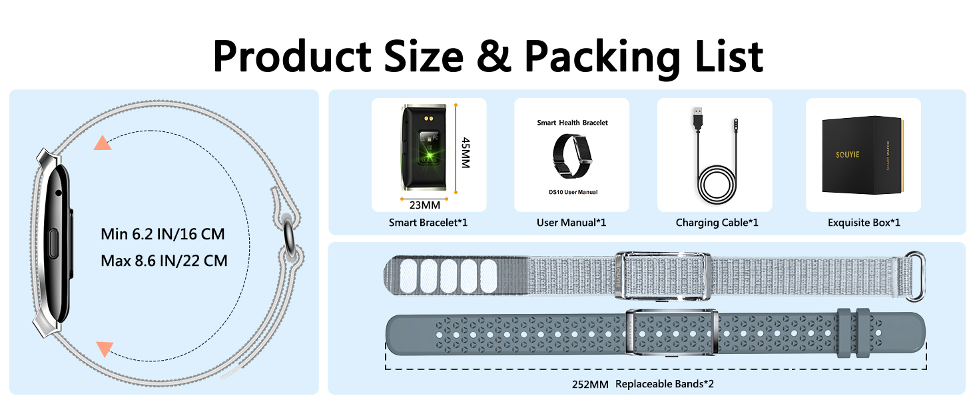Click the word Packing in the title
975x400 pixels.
[601, 57]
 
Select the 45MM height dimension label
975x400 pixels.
[466, 153]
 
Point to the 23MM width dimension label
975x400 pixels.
[424, 205]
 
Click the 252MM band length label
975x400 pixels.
[590, 384]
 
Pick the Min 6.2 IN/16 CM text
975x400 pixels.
[162, 234]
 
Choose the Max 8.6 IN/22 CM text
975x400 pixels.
[164, 261]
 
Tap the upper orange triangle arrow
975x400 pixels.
[103, 143]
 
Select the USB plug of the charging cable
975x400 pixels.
[697, 117]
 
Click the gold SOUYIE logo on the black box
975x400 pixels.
[847, 155]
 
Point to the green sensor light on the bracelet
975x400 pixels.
[429, 155]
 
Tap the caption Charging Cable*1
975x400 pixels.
[717, 223]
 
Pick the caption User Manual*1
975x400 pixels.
[571, 223]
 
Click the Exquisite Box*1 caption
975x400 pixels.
[864, 223]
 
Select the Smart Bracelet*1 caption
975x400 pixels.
[428, 223]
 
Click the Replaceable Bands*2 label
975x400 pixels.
[664, 384]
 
